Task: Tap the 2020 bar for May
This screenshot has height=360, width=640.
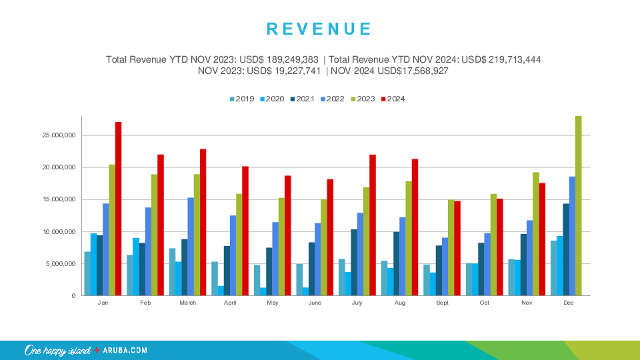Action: click(263, 292)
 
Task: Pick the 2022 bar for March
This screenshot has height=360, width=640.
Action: click(191, 247)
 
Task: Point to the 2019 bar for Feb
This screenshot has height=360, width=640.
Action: click(130, 275)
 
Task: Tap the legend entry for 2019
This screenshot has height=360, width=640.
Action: click(242, 99)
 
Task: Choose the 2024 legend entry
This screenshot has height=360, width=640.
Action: click(393, 99)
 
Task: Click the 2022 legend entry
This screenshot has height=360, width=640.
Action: click(332, 99)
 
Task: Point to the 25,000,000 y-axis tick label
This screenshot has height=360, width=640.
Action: click(59, 135)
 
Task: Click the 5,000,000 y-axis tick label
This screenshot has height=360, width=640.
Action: click(61, 264)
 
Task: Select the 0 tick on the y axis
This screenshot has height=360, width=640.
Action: click(73, 296)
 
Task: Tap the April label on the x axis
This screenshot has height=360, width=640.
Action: click(230, 303)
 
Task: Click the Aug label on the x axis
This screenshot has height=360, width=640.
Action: click(400, 303)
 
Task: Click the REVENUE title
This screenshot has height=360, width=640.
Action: click(319, 29)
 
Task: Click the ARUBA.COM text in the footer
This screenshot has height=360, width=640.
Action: click(125, 350)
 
